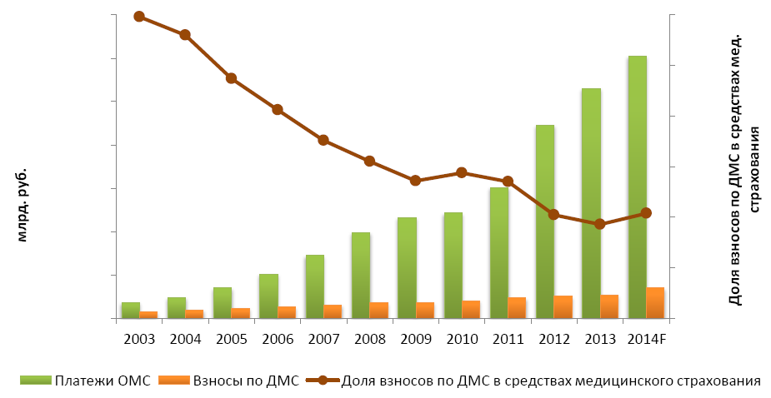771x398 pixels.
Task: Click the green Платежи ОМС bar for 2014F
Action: click(x=638, y=187)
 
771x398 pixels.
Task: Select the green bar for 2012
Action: click(x=545, y=221)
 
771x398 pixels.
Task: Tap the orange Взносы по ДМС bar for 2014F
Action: click(x=655, y=303)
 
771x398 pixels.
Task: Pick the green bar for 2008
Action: click(x=361, y=275)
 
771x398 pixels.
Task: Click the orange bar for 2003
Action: click(x=148, y=315)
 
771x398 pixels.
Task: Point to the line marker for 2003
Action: click(x=139, y=17)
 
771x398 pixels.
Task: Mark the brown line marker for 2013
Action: click(x=599, y=224)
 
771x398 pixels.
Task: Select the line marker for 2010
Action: click(x=461, y=172)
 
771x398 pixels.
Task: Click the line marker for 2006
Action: click(x=277, y=109)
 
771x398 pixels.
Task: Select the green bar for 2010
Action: click(x=453, y=265)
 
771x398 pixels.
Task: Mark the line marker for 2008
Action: click(x=369, y=161)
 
